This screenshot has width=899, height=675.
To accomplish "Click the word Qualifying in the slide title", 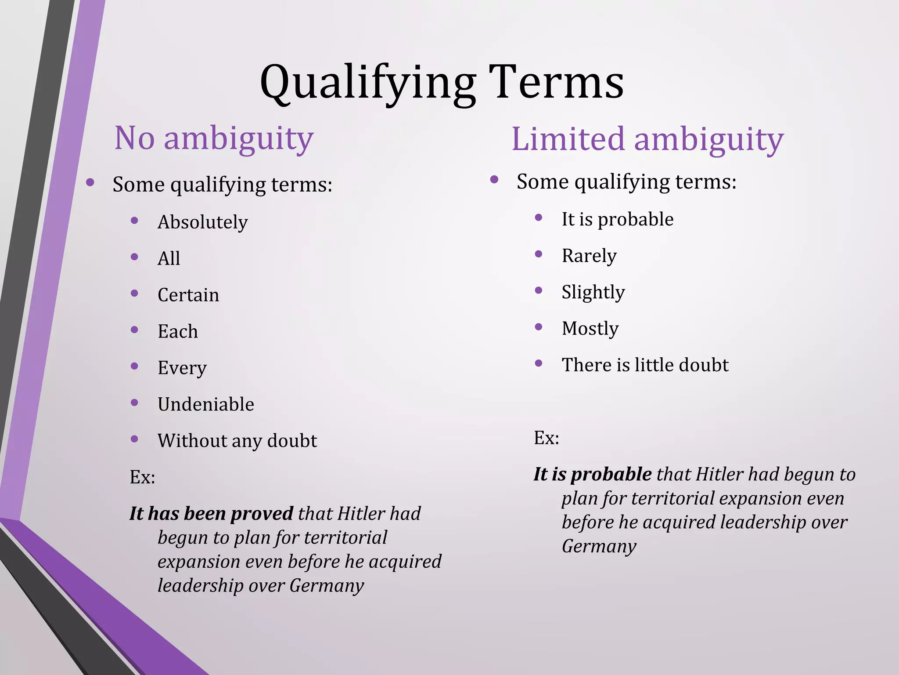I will tap(368, 83).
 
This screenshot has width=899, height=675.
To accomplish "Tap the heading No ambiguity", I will tap(214, 138).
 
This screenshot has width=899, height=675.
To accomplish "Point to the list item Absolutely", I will tap(202, 222).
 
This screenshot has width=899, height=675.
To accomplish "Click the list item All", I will tap(169, 258).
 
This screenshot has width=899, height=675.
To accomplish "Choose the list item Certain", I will tap(188, 295).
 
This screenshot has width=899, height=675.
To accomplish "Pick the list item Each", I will tap(177, 331).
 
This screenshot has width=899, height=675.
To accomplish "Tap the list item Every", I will tap(182, 368).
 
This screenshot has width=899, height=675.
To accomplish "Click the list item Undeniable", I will tap(205, 404).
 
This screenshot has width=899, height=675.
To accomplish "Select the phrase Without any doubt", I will tap(237, 441).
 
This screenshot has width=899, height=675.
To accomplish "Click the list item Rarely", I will tap(589, 256).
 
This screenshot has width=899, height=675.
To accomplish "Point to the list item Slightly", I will tap(593, 292).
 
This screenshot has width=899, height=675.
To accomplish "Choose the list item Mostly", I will tap(590, 329).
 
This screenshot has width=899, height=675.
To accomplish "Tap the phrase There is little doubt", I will tap(645, 365).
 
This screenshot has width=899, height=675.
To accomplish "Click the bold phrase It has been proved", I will tap(211, 513).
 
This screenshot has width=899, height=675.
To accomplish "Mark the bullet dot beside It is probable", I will tap(539, 218).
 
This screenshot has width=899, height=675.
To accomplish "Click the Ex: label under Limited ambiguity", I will tap(547, 438).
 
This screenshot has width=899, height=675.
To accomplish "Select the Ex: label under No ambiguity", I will tap(142, 477).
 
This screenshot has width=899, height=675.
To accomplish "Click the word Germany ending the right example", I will tap(599, 546).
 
